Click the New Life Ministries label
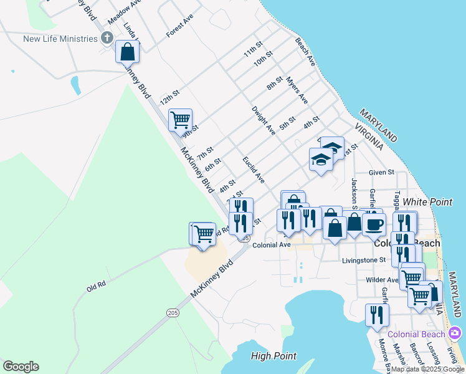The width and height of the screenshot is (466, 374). [60, 39]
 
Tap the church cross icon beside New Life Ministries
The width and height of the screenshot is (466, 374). [107, 39]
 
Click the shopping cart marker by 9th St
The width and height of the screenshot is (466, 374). [180, 119]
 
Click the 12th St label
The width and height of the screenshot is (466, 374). [169, 97]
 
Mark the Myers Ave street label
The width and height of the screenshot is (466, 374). [297, 90]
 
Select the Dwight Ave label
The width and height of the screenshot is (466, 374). [264, 120]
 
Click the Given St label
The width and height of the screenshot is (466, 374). [381, 172]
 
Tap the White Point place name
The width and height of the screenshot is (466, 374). [427, 202]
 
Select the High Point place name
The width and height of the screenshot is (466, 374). [274, 356]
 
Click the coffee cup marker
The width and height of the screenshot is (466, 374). [374, 224]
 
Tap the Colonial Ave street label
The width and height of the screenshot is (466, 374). [272, 245]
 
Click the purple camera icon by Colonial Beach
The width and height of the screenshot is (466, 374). [456, 334]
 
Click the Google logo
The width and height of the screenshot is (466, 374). [21, 367]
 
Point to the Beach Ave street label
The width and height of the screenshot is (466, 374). [305, 53]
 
